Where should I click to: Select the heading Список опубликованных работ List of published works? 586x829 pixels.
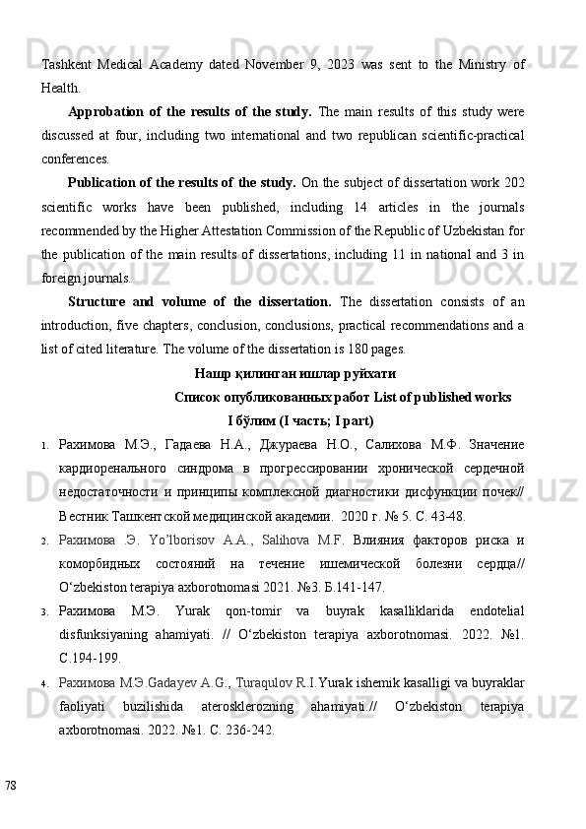342,398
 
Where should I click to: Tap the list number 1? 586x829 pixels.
45,446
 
